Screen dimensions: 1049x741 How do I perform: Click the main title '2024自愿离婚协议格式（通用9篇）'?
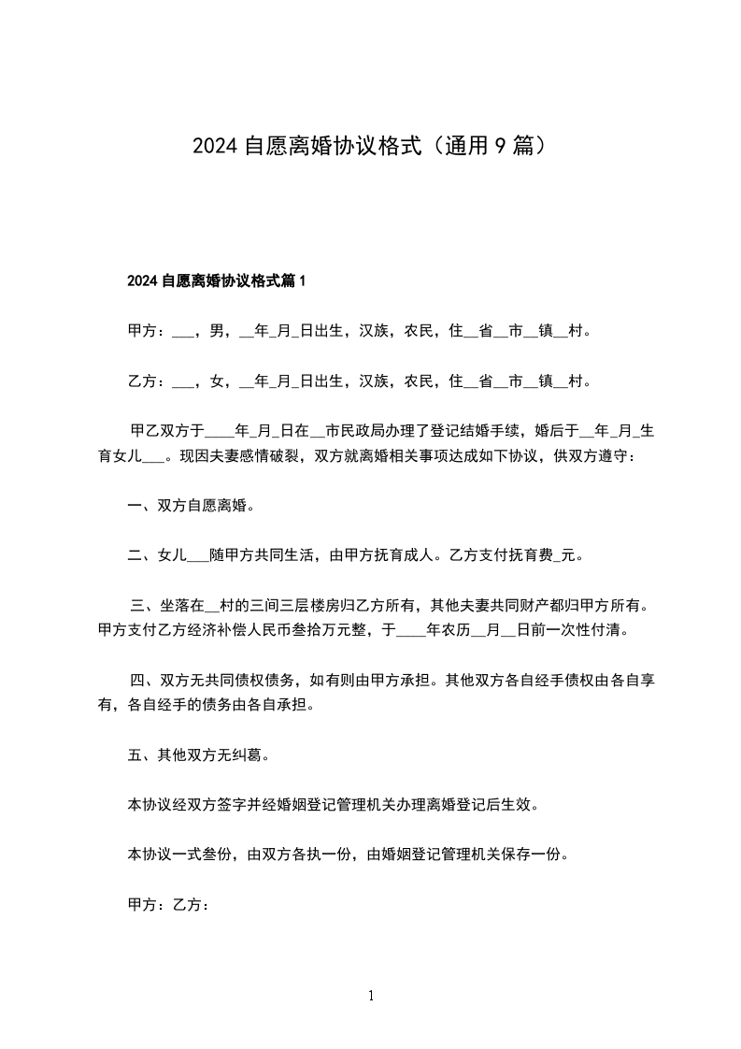click(370, 146)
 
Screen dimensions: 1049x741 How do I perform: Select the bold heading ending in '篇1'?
click(216, 280)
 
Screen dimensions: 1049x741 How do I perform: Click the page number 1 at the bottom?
click(371, 997)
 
